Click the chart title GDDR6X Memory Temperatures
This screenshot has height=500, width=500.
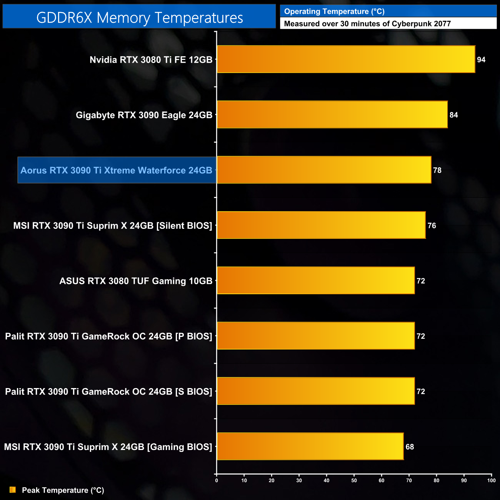click(x=139, y=18)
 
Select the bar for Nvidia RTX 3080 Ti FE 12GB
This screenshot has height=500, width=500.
click(x=346, y=59)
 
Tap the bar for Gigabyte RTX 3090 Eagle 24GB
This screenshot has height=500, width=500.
click(x=332, y=115)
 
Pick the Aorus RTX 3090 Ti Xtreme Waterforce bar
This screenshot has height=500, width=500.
click(x=324, y=170)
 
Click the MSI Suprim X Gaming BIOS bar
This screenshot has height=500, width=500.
click(x=310, y=447)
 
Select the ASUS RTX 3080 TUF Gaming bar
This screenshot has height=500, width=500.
click(x=316, y=281)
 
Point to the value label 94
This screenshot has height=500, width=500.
click(x=481, y=60)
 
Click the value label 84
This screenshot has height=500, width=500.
click(x=453, y=115)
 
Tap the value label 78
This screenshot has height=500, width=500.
click(x=437, y=170)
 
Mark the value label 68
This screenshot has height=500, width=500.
click(x=410, y=447)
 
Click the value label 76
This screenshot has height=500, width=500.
click(x=432, y=226)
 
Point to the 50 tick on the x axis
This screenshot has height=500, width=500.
click(x=354, y=480)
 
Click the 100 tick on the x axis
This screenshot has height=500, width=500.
click(x=491, y=480)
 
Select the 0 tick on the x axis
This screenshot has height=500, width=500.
click(x=217, y=480)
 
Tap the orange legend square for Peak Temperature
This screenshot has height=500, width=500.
click(x=13, y=490)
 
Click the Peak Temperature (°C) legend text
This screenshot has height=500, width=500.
click(x=63, y=490)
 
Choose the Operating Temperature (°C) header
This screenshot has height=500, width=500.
click(x=334, y=12)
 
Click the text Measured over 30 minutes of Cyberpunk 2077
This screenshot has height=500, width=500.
click(x=367, y=24)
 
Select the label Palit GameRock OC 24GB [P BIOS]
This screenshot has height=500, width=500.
click(x=108, y=337)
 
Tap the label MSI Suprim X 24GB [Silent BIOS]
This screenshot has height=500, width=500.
click(x=113, y=226)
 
